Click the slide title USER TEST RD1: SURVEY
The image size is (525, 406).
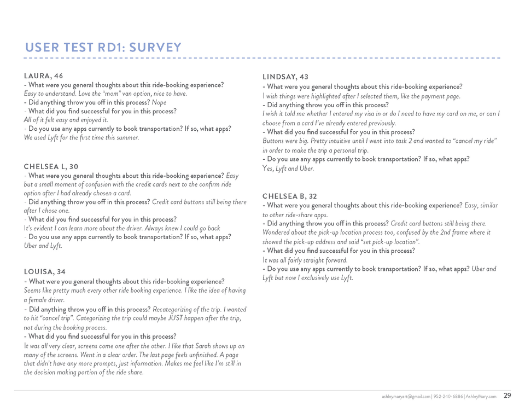click(x=103, y=48)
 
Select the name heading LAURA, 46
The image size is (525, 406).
click(x=43, y=76)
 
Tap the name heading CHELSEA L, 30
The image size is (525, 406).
click(x=51, y=166)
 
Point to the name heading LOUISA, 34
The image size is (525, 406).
click(x=45, y=272)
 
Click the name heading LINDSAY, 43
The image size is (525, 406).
click(x=285, y=77)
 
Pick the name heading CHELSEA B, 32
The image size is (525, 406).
click(x=289, y=196)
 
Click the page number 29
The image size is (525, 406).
click(x=507, y=396)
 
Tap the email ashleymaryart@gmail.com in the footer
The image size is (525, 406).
click(x=406, y=396)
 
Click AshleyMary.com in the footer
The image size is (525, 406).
click(x=481, y=396)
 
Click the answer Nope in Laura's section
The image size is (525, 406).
click(x=159, y=102)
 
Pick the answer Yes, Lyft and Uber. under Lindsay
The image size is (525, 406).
click(x=288, y=169)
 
